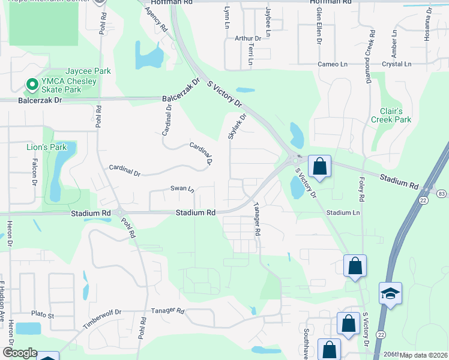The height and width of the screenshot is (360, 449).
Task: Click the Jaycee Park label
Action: (x=88, y=71)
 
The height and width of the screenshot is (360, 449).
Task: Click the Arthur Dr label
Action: (x=248, y=38)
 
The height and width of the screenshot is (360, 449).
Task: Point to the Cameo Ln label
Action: (x=333, y=64)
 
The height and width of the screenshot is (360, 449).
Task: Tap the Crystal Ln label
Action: (x=396, y=64)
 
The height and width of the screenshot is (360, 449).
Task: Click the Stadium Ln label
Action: (x=343, y=213)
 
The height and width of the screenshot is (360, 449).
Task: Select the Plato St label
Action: (x=43, y=314)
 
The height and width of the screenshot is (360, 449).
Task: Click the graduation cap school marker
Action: (x=390, y=293)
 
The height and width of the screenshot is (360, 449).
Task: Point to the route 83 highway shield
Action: (x=442, y=194)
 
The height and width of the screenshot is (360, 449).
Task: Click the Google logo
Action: (x=20, y=353)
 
